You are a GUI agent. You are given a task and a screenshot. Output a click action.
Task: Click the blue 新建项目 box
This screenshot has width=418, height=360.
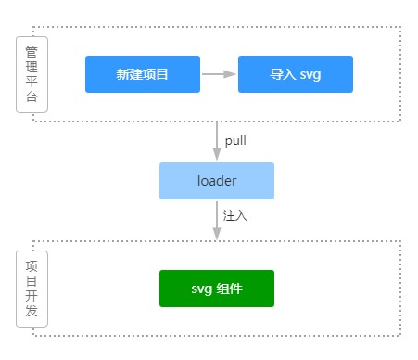(x=143, y=74)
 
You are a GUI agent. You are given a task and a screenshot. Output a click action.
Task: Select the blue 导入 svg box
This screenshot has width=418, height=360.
(x=296, y=74)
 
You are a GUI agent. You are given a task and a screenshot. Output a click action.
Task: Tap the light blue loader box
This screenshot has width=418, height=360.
(x=217, y=181)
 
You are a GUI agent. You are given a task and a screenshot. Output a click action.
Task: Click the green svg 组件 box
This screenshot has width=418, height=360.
(x=217, y=289)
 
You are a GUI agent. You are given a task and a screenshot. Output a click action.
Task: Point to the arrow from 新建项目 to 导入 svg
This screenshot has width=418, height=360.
(x=219, y=74)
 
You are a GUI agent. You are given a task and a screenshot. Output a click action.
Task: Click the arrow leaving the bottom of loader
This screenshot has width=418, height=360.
(x=217, y=220)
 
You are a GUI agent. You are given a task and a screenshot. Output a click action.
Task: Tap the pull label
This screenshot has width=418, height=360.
(x=235, y=142)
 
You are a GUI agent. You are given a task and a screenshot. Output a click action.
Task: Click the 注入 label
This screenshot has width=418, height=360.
(x=235, y=214)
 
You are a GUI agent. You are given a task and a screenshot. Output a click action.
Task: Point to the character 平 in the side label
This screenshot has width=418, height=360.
(x=32, y=83)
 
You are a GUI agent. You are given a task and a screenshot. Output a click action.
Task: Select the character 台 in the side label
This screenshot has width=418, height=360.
(x=32, y=99)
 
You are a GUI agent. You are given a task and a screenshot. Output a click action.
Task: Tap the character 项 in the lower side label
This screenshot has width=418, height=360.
(x=32, y=264)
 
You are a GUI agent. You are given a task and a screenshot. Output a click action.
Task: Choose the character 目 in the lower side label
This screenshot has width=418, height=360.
(x=32, y=280)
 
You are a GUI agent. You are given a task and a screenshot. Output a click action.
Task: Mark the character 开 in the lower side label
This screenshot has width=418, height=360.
(x=32, y=296)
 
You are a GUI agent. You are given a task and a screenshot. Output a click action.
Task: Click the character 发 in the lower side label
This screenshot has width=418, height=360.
(x=32, y=313)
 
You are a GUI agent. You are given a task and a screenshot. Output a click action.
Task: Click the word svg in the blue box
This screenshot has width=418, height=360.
(x=310, y=74)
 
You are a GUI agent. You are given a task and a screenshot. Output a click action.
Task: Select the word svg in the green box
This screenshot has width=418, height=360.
(x=202, y=289)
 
